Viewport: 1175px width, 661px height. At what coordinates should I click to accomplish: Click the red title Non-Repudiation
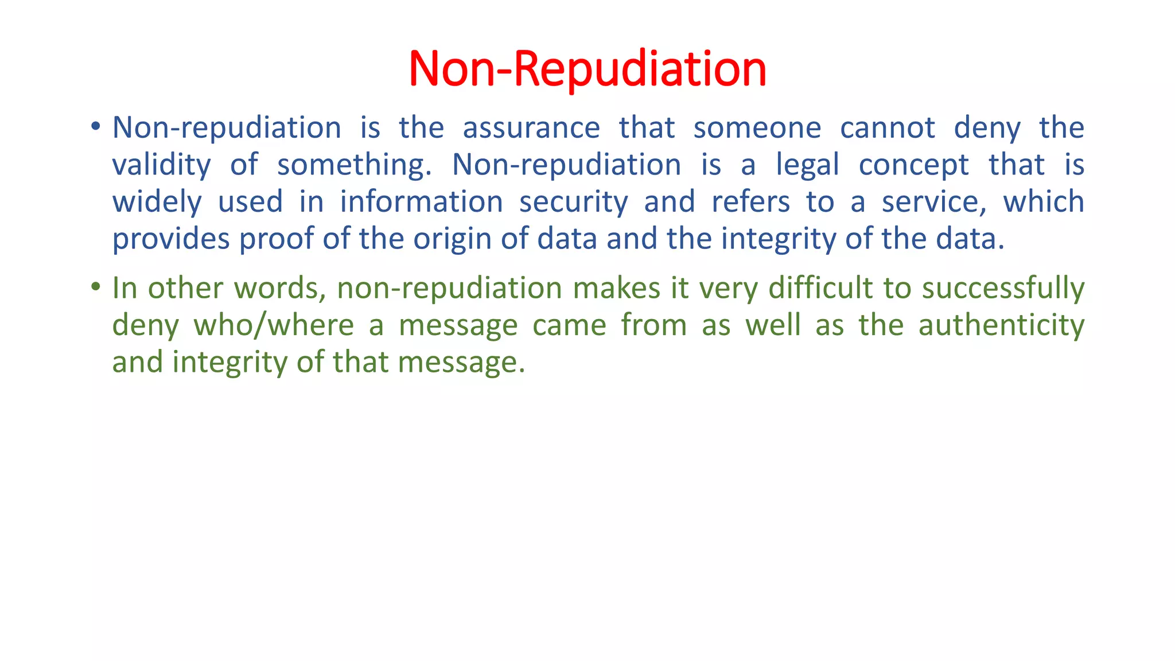pos(587,69)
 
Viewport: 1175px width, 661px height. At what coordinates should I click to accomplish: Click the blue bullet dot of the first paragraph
pos(96,126)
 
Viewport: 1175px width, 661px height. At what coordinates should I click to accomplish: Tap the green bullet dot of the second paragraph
pos(96,286)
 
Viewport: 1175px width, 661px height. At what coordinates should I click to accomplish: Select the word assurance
pos(531,127)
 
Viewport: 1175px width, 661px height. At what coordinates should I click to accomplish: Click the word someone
pos(757,127)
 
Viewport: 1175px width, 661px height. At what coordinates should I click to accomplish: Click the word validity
pos(161,165)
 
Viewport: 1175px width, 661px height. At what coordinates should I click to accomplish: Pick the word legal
pos(807,165)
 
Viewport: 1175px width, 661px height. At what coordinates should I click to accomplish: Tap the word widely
pos(157,203)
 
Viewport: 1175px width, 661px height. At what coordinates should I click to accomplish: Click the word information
pos(422,202)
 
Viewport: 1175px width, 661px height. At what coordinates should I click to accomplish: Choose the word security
pos(574,203)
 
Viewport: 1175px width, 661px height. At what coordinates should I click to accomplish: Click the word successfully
pos(1003,289)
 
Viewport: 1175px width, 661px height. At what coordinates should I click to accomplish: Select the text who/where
pos(274,325)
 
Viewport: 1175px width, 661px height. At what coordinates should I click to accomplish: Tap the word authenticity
pos(1001,325)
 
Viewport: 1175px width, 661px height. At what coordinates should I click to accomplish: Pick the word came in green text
pos(569,325)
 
